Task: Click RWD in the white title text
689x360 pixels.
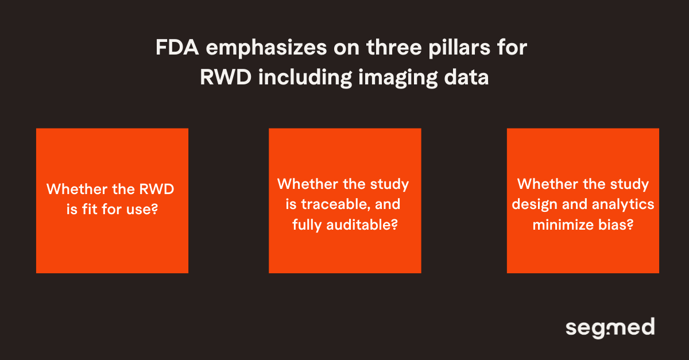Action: click(x=226, y=78)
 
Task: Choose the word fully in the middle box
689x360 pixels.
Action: click(x=310, y=224)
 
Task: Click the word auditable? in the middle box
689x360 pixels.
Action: click(x=363, y=224)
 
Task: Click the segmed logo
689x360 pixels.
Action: click(x=610, y=328)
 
